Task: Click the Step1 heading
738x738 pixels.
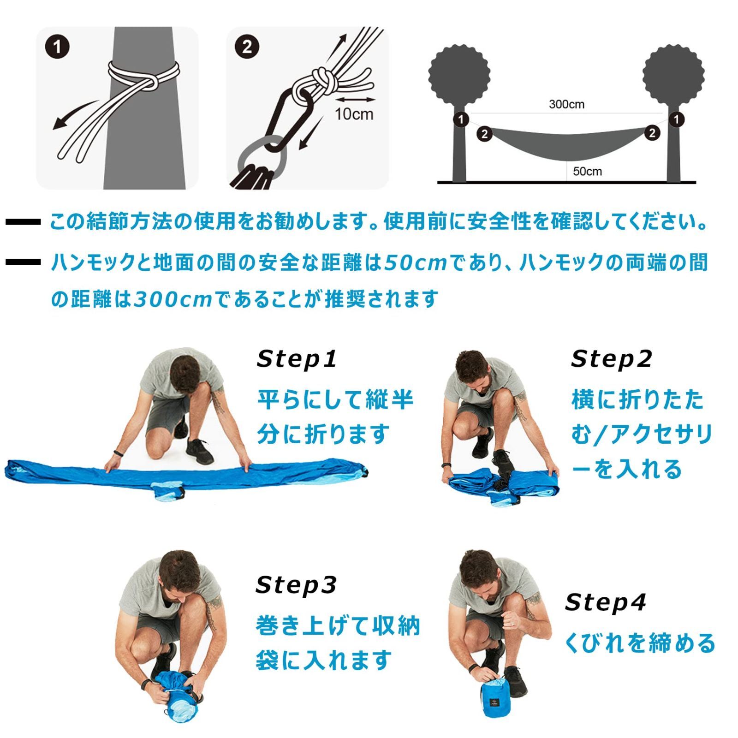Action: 297,359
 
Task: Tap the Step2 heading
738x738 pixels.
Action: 611,359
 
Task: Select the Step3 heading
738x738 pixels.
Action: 296,585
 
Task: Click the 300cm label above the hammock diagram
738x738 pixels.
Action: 566,104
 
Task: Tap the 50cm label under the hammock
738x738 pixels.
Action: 587,171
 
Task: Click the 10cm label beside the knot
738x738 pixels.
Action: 354,114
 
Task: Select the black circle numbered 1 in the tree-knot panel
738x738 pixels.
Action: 58,47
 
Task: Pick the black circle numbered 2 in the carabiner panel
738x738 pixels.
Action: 247,47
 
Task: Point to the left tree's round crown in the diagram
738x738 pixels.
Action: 459,74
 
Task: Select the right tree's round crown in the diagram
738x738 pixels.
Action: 673,74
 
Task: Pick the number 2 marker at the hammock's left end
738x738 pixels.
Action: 484,134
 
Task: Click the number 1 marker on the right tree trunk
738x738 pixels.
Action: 676,119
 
